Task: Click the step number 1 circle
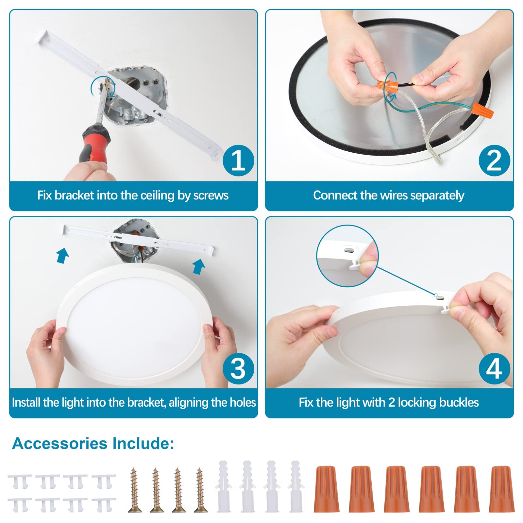(238, 160)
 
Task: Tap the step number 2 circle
(494, 160)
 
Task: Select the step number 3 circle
(238, 368)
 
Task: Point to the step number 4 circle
(494, 368)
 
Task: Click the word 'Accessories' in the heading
(60, 444)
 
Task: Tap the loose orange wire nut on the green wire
(482, 111)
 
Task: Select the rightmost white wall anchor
(295, 486)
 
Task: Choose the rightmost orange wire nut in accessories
(500, 489)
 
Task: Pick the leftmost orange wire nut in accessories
(326, 489)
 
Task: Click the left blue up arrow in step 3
(63, 255)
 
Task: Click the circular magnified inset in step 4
(347, 256)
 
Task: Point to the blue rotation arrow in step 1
(103, 86)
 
